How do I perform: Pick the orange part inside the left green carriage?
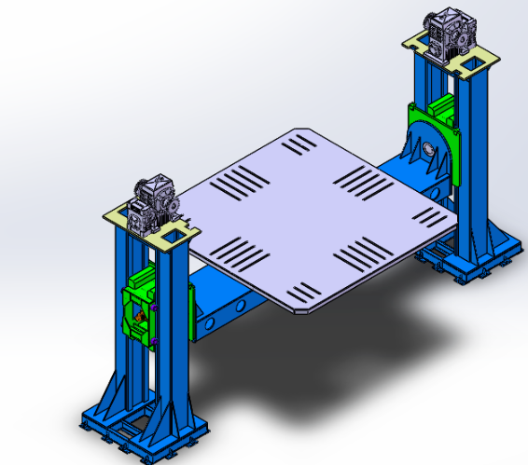(139, 318)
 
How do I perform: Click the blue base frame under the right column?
(476, 261)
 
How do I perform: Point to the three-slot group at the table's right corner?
(432, 219)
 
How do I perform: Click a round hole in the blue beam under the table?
(216, 320)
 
